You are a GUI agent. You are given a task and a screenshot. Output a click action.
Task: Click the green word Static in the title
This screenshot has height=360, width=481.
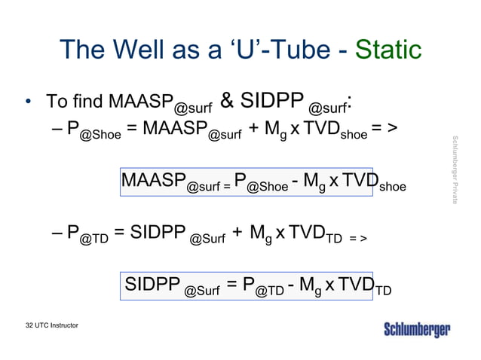click(x=387, y=50)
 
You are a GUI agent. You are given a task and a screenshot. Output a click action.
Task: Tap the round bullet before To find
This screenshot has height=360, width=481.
click(x=28, y=101)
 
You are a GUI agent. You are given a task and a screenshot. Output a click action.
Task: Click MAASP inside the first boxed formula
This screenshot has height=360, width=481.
click(x=153, y=181)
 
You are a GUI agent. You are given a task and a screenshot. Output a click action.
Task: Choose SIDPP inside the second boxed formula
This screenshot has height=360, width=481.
click(x=152, y=285)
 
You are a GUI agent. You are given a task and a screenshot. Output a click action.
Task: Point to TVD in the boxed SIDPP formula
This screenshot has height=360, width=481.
click(x=354, y=285)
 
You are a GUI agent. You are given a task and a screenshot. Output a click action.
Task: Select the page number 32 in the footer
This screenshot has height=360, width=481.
click(x=29, y=325)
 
